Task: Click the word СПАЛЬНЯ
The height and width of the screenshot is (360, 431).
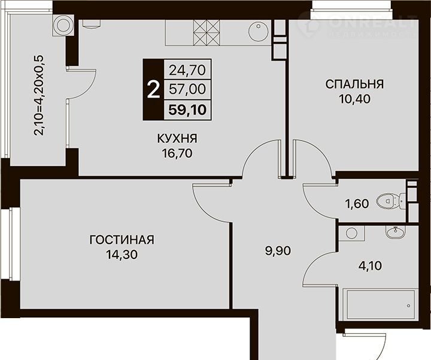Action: pos(354,84)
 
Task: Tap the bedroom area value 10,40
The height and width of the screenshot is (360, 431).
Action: pos(354,99)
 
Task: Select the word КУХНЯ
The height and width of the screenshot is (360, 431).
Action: pos(177,139)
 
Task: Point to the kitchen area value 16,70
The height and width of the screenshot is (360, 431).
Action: pos(177,153)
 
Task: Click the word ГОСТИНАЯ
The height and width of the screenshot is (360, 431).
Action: pos(122,240)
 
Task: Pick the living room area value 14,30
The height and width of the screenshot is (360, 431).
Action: pos(122,255)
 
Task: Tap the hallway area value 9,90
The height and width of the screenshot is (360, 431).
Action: pos(278,251)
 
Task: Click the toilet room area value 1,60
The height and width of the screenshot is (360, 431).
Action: pos(357,204)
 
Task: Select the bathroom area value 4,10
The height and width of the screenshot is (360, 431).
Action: pos(370,266)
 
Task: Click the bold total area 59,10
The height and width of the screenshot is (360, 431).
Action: pos(187,110)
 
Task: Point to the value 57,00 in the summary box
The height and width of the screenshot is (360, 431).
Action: pos(187,89)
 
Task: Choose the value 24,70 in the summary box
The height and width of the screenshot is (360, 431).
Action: pos(187,71)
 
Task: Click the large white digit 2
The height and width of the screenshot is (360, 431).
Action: pos(153,90)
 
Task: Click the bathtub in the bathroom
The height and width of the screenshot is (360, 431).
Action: pos(381,305)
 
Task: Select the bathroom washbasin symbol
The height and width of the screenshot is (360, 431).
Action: pos(395,232)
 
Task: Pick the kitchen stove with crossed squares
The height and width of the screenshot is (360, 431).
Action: pos(207,33)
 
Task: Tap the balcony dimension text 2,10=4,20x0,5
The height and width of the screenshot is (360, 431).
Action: pos(39,95)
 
